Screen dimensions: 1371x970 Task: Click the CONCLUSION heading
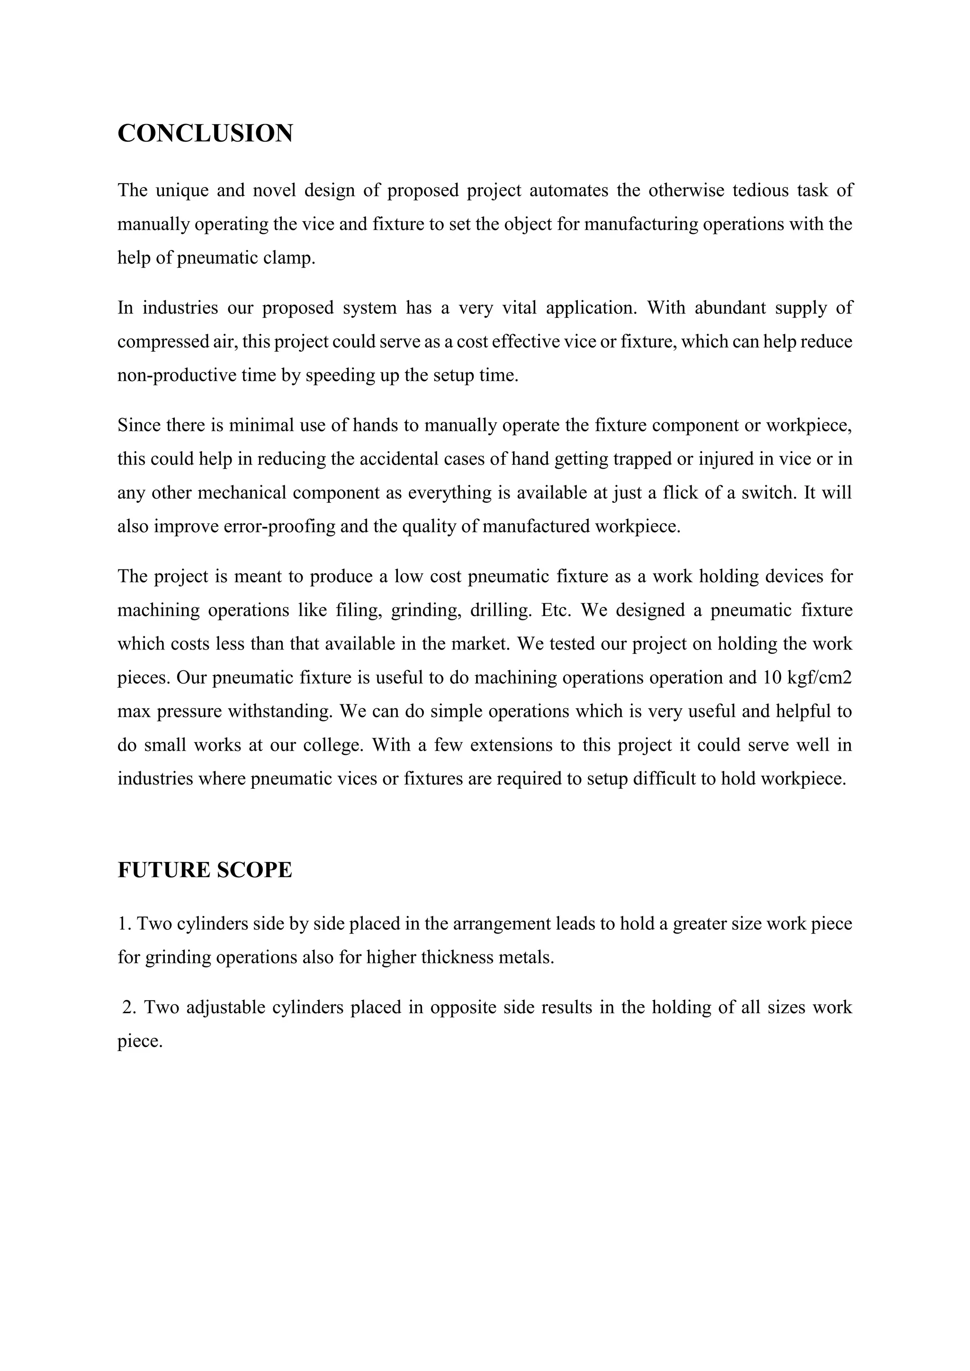pyautogui.click(x=205, y=133)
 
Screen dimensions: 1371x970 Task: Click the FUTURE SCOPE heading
pyautogui.click(x=205, y=870)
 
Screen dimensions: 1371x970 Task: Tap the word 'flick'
pyautogui.click(x=682, y=493)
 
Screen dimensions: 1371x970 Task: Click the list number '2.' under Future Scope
pyautogui.click(x=130, y=1007)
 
